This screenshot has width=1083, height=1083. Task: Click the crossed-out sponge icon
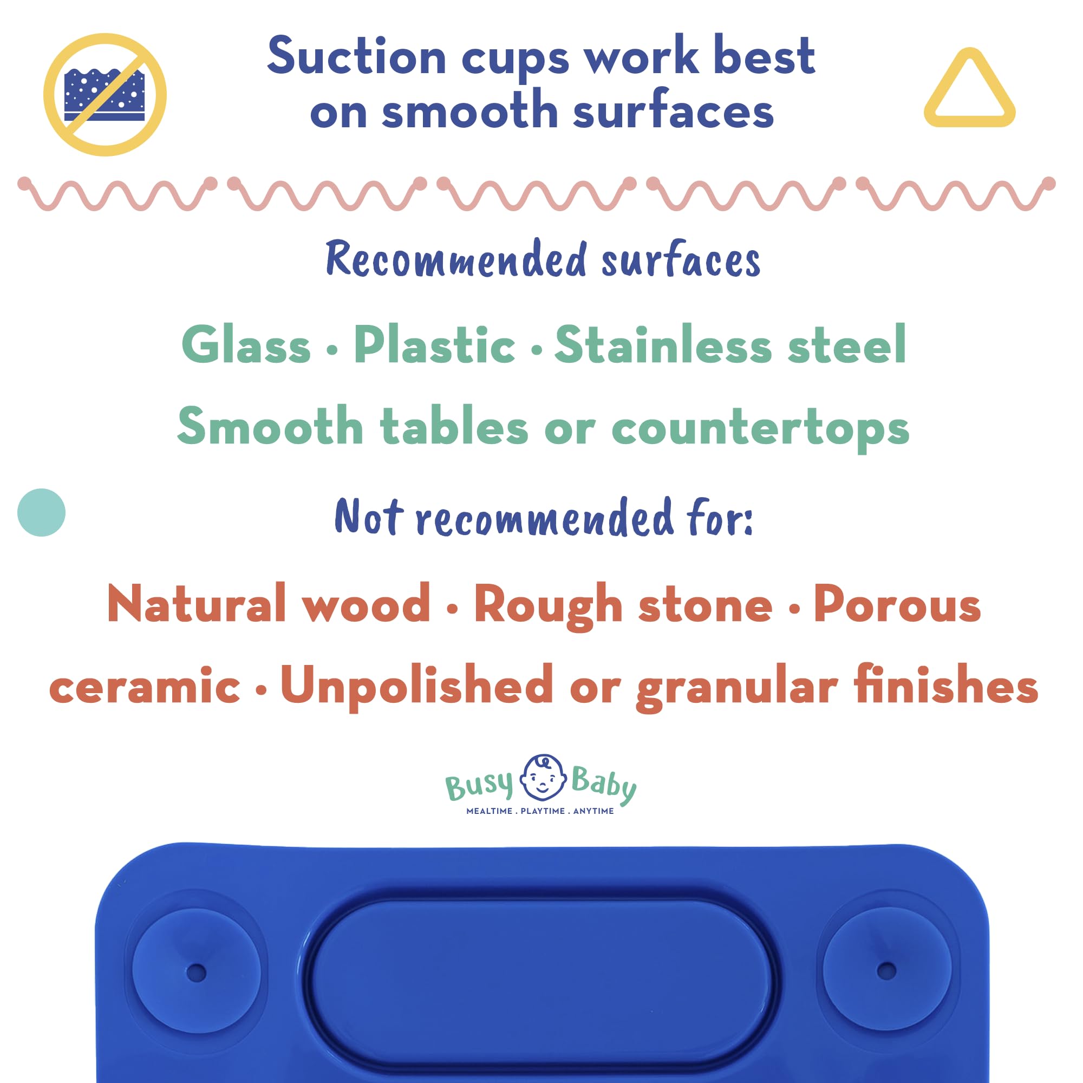click(x=105, y=94)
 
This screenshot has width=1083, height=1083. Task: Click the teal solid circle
click(x=42, y=512)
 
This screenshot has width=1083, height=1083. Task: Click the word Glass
click(x=246, y=344)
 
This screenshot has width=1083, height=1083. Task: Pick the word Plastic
click(x=434, y=344)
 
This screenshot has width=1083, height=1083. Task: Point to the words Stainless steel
click(x=730, y=344)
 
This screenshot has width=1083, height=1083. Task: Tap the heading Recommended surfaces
click(x=543, y=259)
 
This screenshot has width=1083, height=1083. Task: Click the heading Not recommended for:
click(x=544, y=517)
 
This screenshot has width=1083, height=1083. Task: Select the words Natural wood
click(x=269, y=603)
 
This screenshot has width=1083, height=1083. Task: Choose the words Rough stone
click(x=623, y=606)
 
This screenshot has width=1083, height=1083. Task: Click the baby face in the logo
click(x=543, y=778)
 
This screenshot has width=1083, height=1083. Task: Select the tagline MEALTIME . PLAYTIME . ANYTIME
click(x=540, y=811)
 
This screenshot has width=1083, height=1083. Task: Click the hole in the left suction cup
click(x=196, y=973)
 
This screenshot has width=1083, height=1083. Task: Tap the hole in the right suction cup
click(x=886, y=971)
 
